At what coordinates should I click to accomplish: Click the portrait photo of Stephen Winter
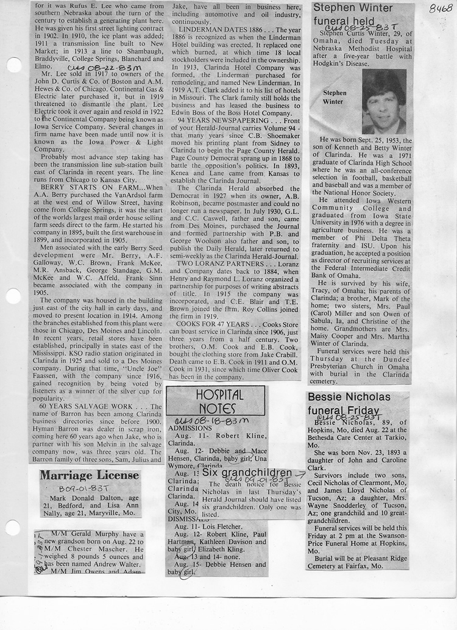coord(383,101)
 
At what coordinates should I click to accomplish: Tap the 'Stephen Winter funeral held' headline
coord(354,15)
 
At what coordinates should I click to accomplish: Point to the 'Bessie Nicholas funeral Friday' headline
coord(349,404)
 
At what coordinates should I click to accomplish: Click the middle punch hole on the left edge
coord(12,296)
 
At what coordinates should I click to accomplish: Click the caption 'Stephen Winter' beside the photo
coord(335,98)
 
